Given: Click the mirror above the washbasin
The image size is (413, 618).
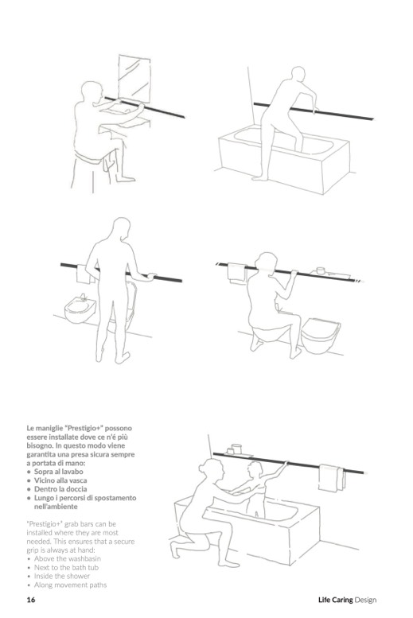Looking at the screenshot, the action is [x=134, y=78].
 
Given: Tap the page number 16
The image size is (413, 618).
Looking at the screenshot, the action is [x=31, y=600].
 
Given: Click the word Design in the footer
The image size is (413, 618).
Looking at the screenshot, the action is [x=365, y=601].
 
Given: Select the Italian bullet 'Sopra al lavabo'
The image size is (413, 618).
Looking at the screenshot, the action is [x=58, y=472].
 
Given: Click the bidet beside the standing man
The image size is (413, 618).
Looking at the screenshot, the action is [x=80, y=309].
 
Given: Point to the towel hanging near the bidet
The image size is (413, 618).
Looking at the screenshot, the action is [x=83, y=274].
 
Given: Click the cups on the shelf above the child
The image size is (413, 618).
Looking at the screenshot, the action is [x=233, y=449].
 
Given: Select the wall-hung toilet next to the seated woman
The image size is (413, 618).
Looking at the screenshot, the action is [x=321, y=335].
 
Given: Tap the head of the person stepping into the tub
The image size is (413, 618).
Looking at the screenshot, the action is [x=298, y=75].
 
